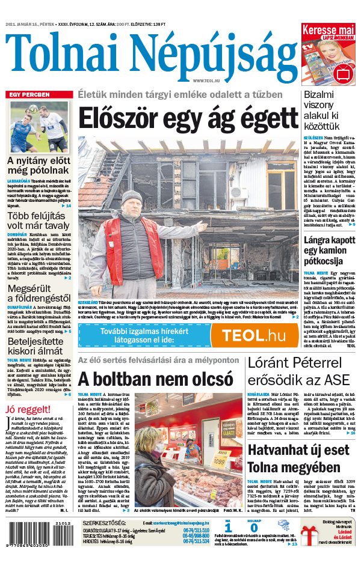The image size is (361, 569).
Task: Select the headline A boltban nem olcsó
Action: click(x=155, y=379)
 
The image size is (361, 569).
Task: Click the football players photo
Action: click(x=40, y=126)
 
